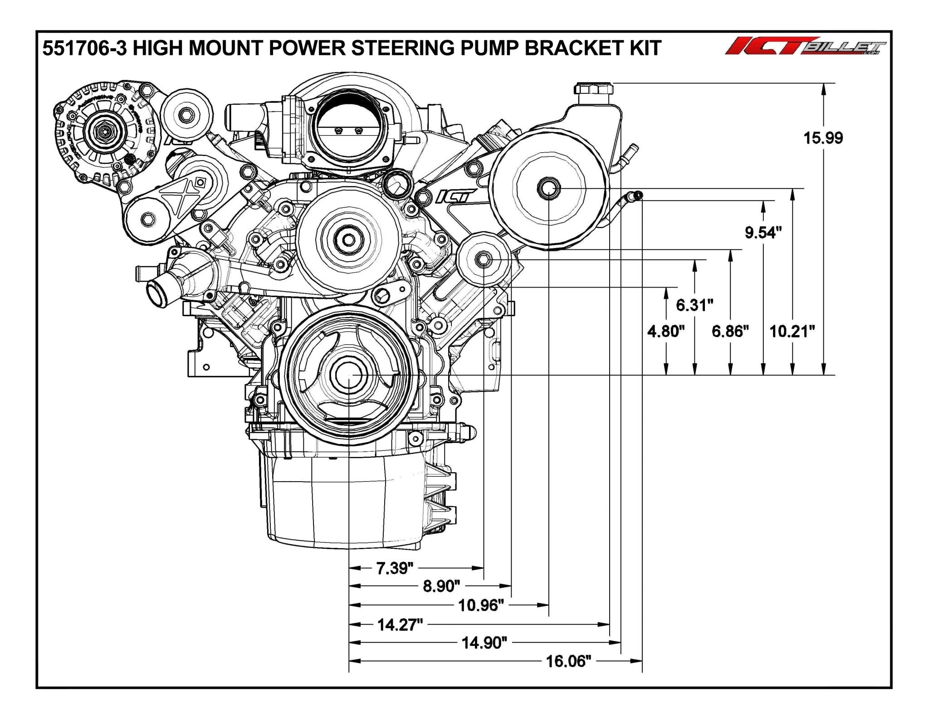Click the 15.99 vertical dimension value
(x=823, y=137)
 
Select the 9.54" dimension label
(x=763, y=233)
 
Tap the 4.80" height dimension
(x=665, y=331)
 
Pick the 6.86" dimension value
(x=729, y=331)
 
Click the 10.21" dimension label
(x=792, y=331)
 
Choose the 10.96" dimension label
(x=481, y=605)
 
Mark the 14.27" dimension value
(x=400, y=625)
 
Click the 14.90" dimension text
(x=484, y=643)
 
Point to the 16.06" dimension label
(x=568, y=661)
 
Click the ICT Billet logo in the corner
(x=805, y=48)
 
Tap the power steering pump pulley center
(x=549, y=188)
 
